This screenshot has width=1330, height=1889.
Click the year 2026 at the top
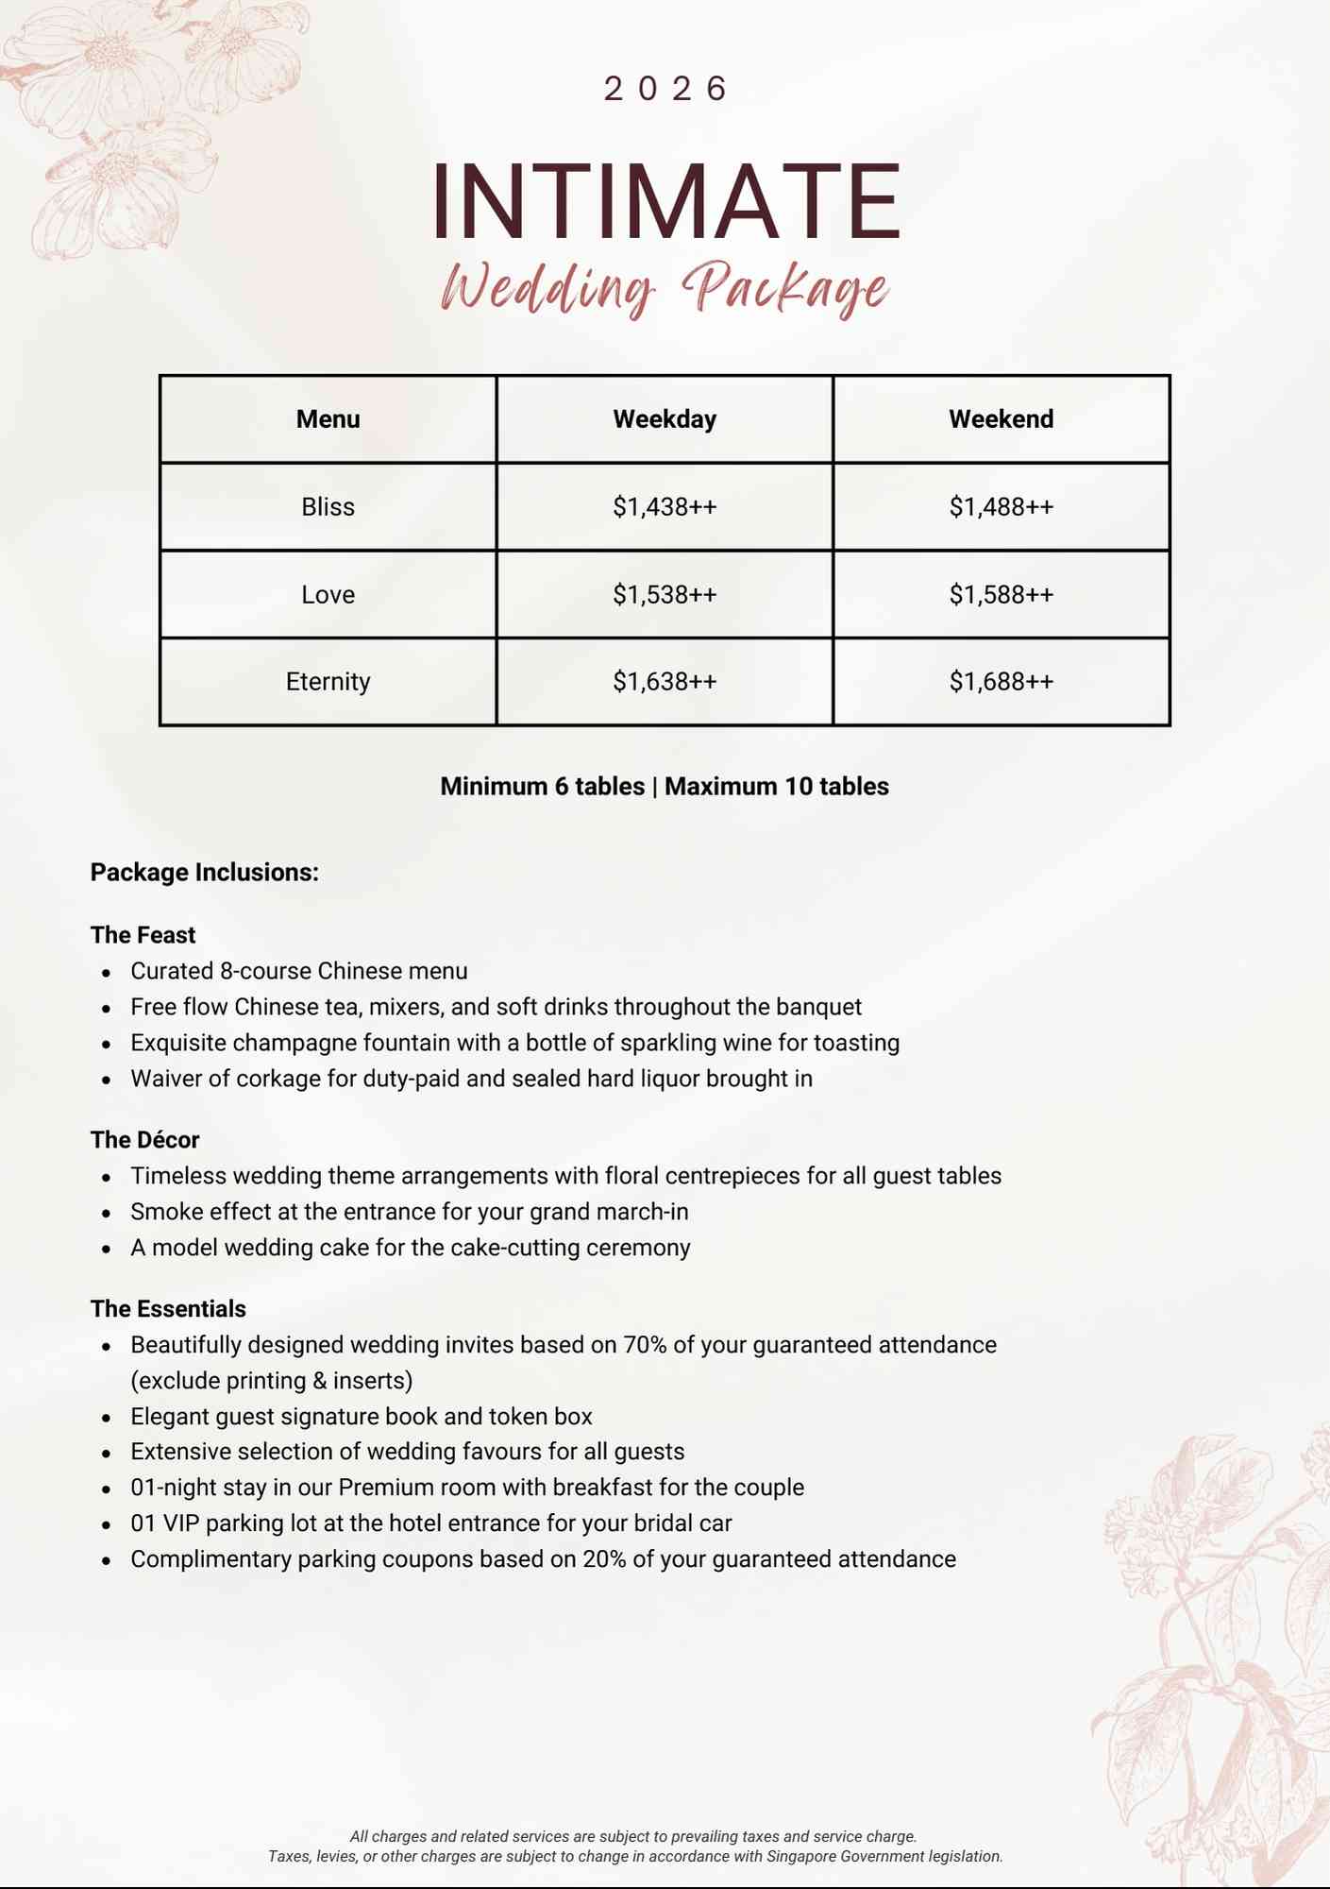pyautogui.click(x=665, y=89)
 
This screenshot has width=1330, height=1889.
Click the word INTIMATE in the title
pyautogui.click(x=665, y=202)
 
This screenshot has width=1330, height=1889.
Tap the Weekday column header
pyautogui.click(x=665, y=419)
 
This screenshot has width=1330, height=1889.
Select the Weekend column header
pyautogui.click(x=1001, y=419)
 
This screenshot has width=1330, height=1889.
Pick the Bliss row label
pyautogui.click(x=328, y=507)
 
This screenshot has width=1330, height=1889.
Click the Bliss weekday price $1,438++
pyautogui.click(x=665, y=507)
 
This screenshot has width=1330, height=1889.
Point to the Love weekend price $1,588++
pyautogui.click(x=1001, y=594)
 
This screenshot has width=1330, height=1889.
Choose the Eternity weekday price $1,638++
pyautogui.click(x=665, y=681)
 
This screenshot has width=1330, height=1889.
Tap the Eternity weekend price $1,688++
pyautogui.click(x=1001, y=681)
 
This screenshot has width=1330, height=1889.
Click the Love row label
pyautogui.click(x=328, y=594)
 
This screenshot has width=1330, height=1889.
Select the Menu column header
pyautogui.click(x=328, y=419)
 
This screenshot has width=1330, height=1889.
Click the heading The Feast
pyautogui.click(x=143, y=935)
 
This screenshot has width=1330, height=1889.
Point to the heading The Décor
pyautogui.click(x=144, y=1140)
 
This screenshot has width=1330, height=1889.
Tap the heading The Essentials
pyautogui.click(x=168, y=1309)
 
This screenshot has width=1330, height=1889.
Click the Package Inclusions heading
pyautogui.click(x=204, y=872)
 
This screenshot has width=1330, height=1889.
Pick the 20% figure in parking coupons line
pyautogui.click(x=604, y=1559)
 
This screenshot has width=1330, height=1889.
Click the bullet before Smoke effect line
pyautogui.click(x=107, y=1213)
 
